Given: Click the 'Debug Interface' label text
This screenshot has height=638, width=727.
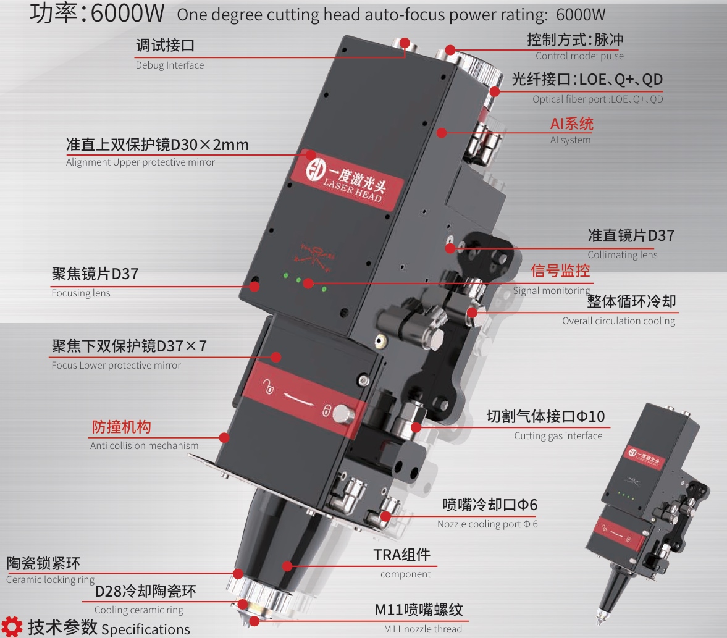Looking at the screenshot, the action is point(170,65).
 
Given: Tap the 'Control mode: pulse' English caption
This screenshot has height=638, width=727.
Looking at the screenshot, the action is point(579,56).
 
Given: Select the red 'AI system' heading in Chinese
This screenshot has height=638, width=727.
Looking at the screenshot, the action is point(572,124).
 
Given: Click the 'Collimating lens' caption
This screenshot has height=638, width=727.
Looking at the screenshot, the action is point(622,254).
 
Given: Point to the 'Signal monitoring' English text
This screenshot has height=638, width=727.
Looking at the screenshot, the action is point(552,291).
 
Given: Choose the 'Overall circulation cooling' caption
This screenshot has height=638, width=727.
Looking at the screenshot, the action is point(618,321).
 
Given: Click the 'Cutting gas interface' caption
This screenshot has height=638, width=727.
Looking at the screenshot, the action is point(558,436).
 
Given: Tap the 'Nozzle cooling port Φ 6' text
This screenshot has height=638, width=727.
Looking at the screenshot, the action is point(487,524).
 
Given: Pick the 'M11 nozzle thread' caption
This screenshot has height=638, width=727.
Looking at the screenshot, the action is point(423,629).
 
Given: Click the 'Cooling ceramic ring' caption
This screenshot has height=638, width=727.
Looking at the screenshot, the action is point(138,610).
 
